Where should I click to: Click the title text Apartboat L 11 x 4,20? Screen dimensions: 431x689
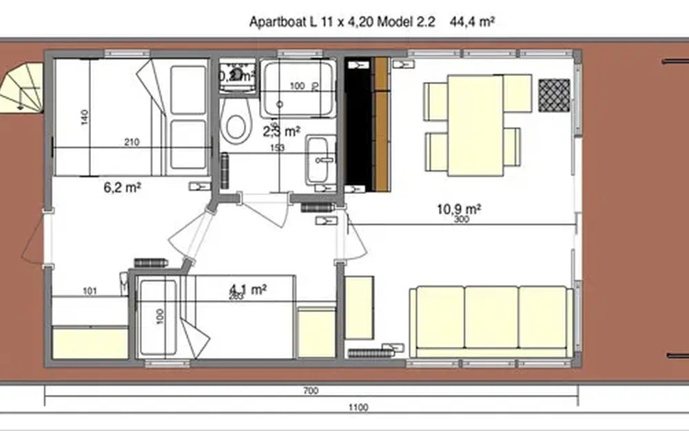pos(325,22)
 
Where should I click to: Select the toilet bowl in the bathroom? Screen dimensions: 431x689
pos(236,126)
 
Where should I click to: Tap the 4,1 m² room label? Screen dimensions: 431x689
pos(249,290)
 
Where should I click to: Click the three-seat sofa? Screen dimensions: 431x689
pos(491,321)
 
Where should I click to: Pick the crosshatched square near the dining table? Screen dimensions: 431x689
pos(554,95)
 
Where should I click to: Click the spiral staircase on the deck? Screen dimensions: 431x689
pos(21,86)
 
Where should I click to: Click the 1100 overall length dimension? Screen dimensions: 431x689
pos(359,408)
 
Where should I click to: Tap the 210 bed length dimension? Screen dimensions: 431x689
pos(132,143)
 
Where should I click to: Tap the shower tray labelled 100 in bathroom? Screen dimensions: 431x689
pos(298,88)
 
